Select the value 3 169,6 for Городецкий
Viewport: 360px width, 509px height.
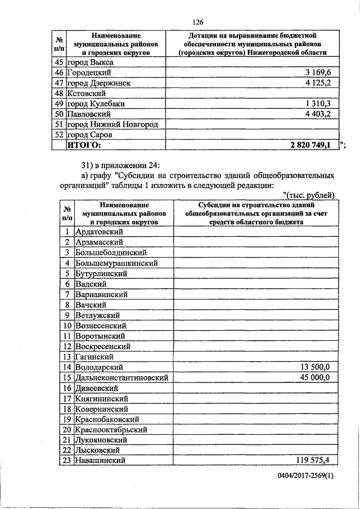pos(321,73)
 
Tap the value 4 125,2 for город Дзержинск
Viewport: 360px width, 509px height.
pos(321,83)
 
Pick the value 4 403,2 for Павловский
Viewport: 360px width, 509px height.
pos(321,114)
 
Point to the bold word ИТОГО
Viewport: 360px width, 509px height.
pos(85,145)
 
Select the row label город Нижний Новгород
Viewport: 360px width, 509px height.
pos(112,124)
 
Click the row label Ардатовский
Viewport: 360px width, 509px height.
pos(99,231)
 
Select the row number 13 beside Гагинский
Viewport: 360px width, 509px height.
pos(66,357)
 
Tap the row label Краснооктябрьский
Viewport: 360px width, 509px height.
pos(111,429)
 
